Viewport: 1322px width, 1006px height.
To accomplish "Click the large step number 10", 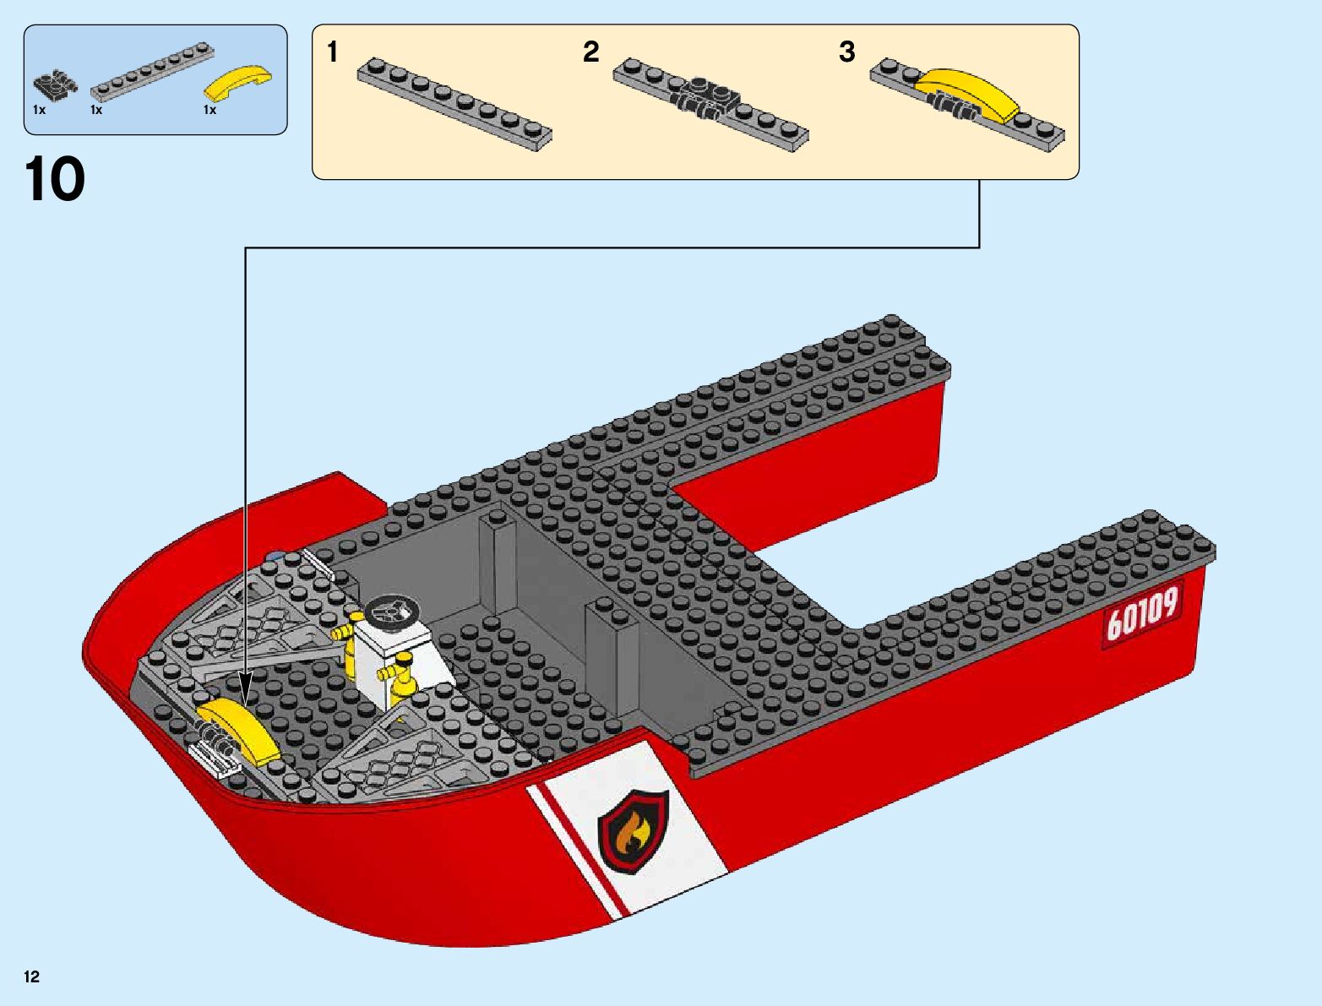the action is point(56,181).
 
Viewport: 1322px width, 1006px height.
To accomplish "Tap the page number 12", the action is point(32,977).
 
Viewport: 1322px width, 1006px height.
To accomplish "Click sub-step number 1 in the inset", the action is point(333,52).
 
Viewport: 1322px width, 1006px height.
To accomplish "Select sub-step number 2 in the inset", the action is point(590,52).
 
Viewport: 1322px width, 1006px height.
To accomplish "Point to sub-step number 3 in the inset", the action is point(847,52).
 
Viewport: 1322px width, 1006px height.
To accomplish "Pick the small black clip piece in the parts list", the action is point(54,84).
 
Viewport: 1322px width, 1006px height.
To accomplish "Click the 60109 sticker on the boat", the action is point(1141,614).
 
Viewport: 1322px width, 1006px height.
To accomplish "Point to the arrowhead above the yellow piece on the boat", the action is point(246,697).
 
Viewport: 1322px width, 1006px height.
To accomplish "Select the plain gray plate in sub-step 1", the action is point(454,106).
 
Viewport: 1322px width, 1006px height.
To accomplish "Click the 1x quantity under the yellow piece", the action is point(209,110).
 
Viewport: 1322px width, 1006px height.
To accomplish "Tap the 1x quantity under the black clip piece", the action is point(39,110).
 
